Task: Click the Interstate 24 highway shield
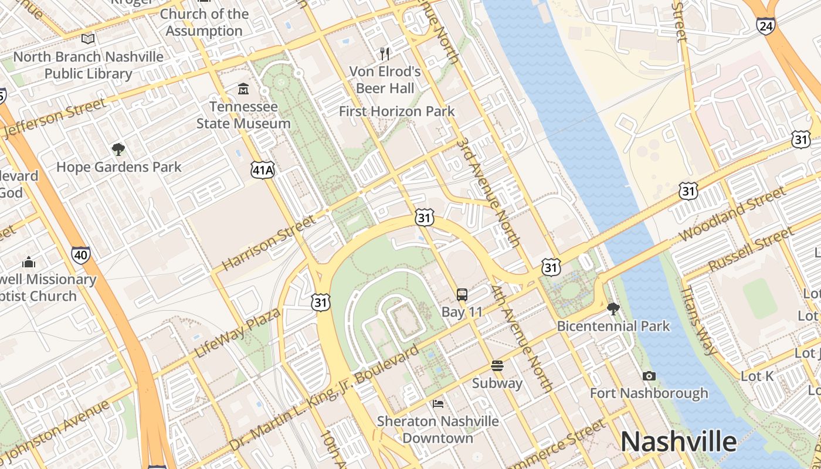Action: [x=765, y=26]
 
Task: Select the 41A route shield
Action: [x=262, y=170]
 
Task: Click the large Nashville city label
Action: [x=678, y=441]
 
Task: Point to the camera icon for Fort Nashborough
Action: [x=649, y=376]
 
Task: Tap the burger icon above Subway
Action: [x=497, y=366]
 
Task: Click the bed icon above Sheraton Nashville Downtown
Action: [x=438, y=403]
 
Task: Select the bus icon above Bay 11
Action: [x=462, y=294]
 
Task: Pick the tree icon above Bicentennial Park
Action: [x=613, y=308]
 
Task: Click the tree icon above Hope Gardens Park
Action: [x=118, y=149]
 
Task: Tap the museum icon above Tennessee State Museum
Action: [x=243, y=89]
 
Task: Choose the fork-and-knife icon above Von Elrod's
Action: [x=385, y=54]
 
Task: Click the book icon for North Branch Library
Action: [x=88, y=39]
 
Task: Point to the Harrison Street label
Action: [x=269, y=242]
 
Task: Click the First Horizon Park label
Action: [x=396, y=111]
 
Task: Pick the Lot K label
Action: [x=757, y=376]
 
